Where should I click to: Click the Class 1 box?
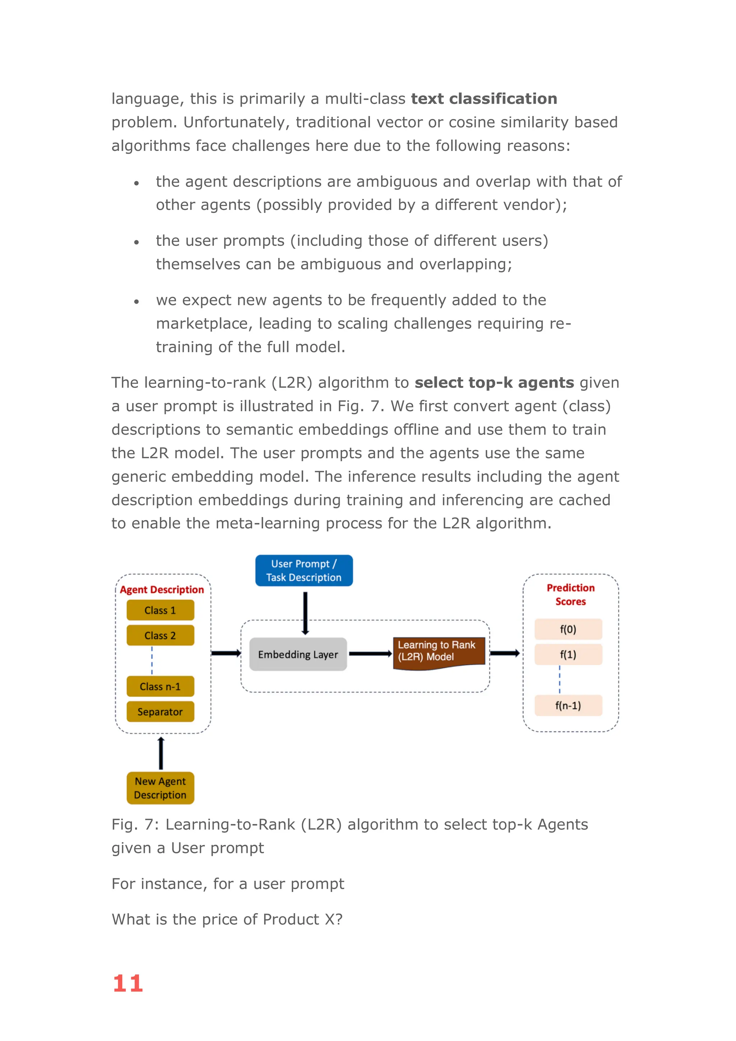tap(160, 610)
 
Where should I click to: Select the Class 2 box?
tap(160, 635)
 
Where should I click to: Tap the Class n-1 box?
tap(160, 687)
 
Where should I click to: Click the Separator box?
tap(160, 712)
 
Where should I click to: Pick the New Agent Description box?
tap(160, 788)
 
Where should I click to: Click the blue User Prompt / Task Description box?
tap(304, 570)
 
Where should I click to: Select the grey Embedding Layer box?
tap(298, 654)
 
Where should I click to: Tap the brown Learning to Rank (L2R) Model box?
tap(438, 652)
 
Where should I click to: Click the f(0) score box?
tap(568, 629)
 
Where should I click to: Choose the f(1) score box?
tap(568, 654)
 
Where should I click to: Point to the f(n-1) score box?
tap(568, 706)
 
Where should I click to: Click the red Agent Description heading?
tap(162, 590)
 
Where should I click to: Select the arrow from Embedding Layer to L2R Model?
tap(370, 654)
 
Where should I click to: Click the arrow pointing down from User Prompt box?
tap(305, 613)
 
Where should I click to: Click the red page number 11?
tap(128, 983)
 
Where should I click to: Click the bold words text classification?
tap(484, 98)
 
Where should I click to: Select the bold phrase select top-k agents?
tap(494, 383)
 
